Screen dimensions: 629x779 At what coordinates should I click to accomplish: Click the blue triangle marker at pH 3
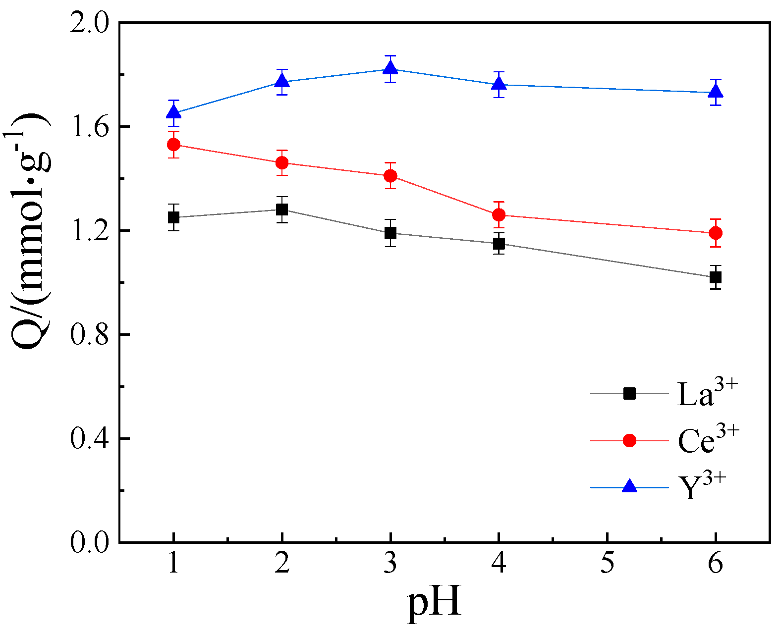pos(390,68)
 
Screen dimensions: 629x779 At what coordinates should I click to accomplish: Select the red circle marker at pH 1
pos(173,145)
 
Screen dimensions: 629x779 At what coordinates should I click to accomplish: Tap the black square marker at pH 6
pos(715,277)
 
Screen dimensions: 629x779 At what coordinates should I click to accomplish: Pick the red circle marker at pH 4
pos(499,215)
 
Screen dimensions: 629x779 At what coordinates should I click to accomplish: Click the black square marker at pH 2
pos(282,210)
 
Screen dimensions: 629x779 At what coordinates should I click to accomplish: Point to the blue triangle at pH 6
pos(716,91)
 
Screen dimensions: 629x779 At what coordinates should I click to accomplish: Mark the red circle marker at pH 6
pos(716,233)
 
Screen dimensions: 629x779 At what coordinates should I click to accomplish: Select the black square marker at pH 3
pos(390,233)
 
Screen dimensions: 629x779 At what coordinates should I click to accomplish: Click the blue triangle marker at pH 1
pos(173,112)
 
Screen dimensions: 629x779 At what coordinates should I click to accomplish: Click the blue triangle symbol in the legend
pos(629,486)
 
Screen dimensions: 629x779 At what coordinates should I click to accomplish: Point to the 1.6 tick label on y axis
pos(89,127)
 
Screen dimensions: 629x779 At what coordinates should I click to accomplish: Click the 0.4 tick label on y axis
pos(89,439)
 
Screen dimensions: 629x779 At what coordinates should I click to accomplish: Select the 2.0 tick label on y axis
pos(89,23)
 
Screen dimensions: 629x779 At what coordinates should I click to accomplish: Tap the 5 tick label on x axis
pos(607,564)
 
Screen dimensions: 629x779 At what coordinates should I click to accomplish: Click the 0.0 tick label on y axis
pos(89,543)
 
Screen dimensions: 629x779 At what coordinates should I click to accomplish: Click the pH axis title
pos(434,602)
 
